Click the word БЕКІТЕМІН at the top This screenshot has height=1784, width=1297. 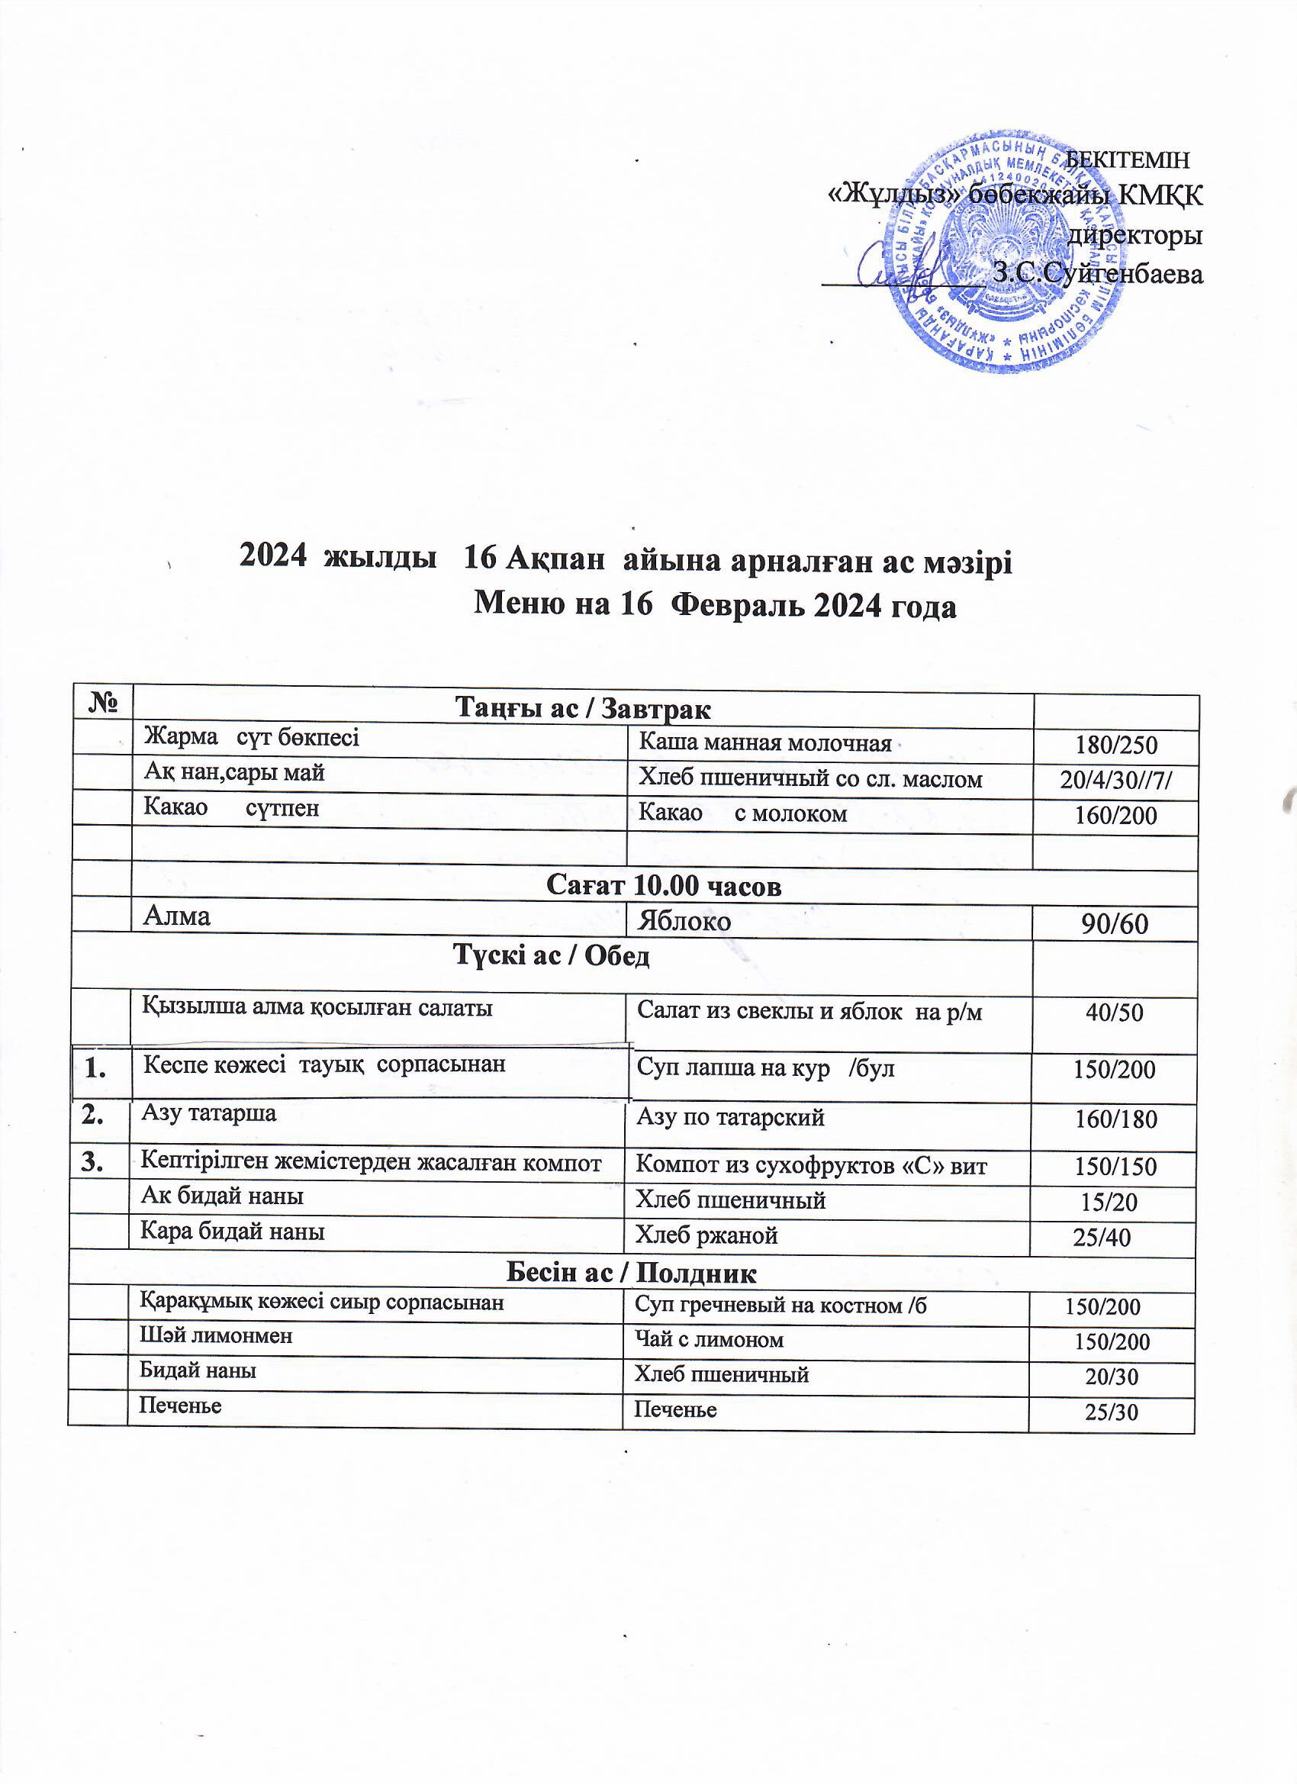click(1126, 159)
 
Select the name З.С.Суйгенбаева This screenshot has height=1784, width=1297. click(1097, 273)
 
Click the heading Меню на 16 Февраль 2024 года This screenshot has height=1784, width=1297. click(715, 606)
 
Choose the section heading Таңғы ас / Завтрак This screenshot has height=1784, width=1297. click(583, 709)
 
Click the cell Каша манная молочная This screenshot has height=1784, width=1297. click(764, 742)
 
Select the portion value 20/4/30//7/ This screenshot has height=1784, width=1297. click(1116, 780)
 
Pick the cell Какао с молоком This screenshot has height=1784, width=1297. click(742, 813)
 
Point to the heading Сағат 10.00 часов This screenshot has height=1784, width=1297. click(663, 886)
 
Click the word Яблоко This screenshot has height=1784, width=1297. click(684, 920)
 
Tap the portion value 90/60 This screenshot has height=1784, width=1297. click(1115, 923)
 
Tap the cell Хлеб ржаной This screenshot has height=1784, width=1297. click(706, 1235)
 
